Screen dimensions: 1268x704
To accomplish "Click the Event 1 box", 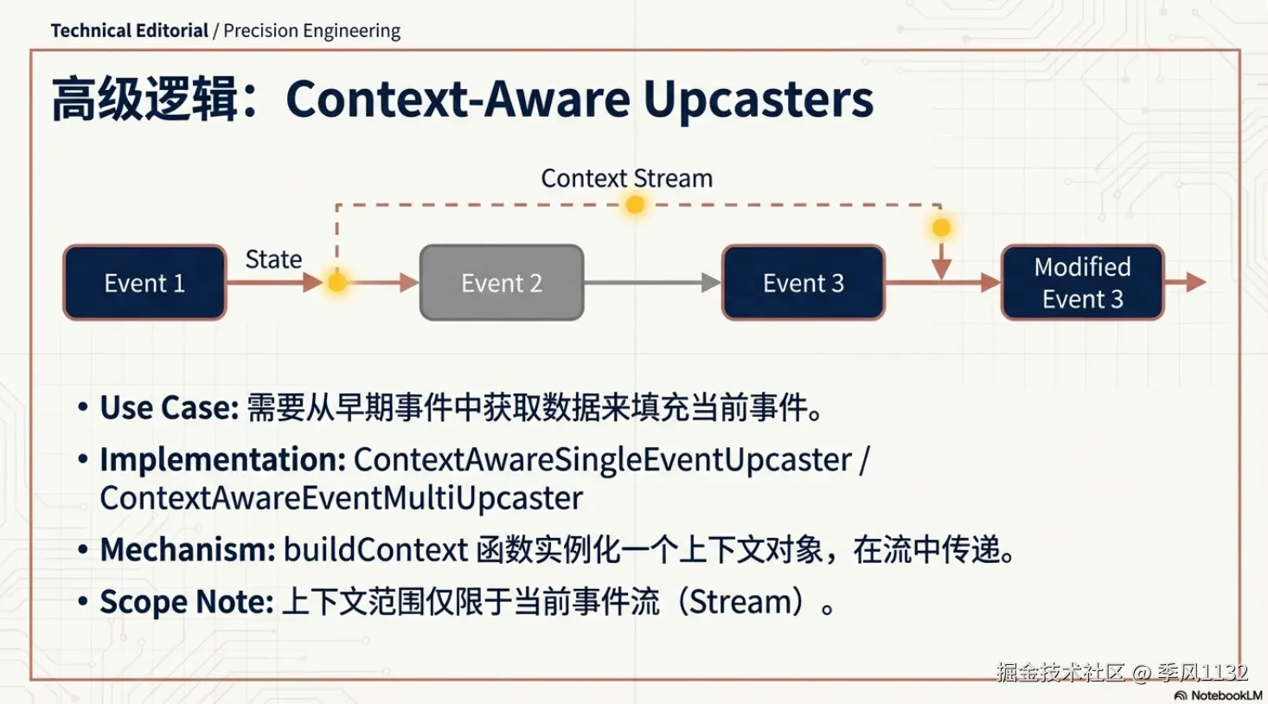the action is coord(145,283).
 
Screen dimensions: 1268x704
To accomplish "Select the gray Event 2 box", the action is coord(502,283).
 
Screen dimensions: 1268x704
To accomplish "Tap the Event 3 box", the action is coord(804,283).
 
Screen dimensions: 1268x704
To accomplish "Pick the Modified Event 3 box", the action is coord(1082,283).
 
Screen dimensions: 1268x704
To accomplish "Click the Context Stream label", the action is coord(626,178).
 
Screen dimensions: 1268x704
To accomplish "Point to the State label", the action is coord(273,259).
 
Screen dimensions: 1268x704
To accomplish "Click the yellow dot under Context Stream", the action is coord(635,204).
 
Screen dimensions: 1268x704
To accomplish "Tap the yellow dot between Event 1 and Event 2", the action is coord(336,282).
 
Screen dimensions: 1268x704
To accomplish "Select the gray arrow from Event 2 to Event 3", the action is coord(652,283).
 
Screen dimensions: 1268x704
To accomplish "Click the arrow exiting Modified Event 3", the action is coord(1185,282).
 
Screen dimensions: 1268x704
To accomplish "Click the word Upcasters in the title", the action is coord(759,99).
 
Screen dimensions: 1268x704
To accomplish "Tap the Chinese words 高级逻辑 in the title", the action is coord(144,99).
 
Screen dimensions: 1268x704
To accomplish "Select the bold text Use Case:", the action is coord(170,407).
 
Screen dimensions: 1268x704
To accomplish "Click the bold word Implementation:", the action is coord(223,459).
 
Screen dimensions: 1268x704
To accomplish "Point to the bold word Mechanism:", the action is coord(188,549).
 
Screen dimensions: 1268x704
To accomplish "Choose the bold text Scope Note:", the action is coord(187,602).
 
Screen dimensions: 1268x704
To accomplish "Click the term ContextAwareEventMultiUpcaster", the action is coord(342,498).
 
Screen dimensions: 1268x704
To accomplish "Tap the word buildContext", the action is coord(376,549).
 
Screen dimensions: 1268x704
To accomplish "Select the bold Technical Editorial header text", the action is coord(130,30).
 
